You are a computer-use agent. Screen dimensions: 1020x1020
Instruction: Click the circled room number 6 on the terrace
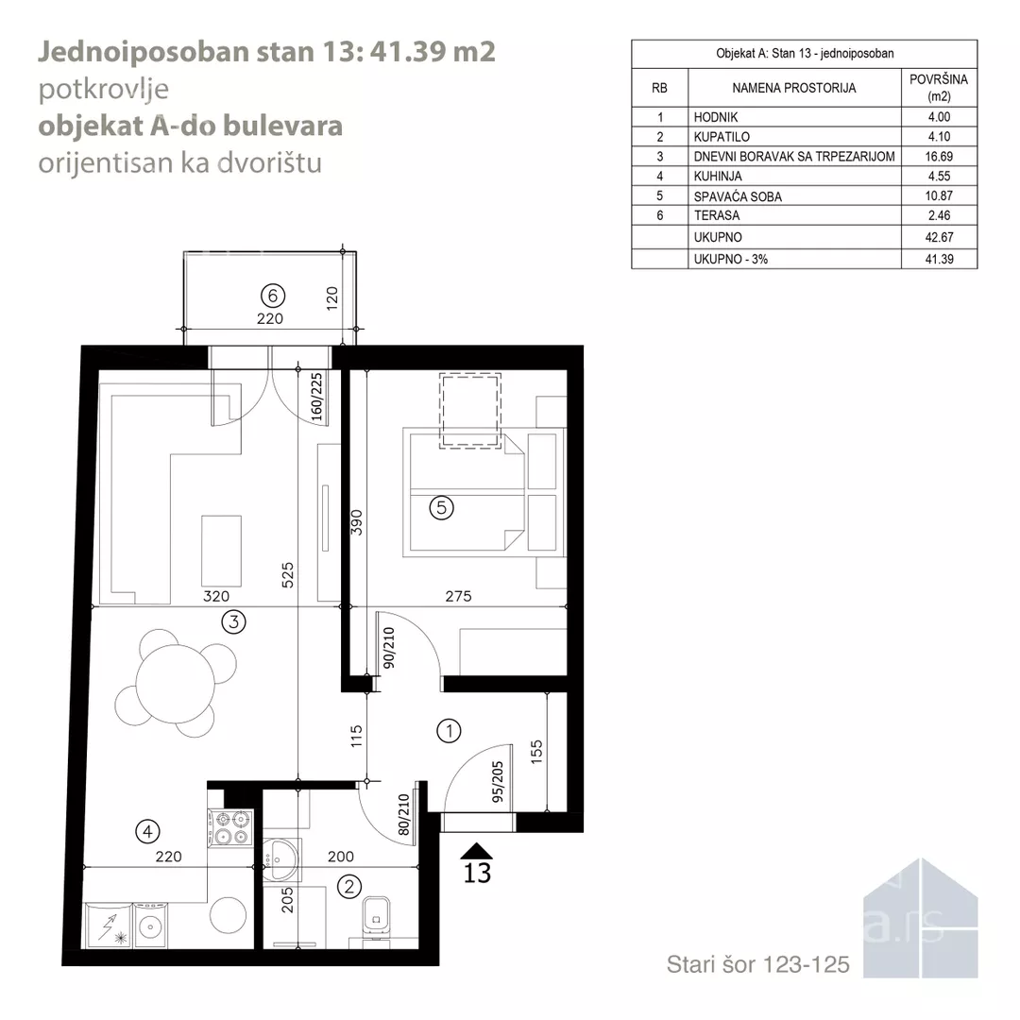273,296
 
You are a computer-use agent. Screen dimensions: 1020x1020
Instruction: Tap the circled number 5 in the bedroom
442,507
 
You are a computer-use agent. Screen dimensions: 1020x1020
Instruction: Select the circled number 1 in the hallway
449,730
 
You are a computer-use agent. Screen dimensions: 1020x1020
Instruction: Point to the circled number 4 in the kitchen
147,831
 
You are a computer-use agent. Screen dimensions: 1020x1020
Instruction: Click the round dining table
175,684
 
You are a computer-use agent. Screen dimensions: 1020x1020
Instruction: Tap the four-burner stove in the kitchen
230,828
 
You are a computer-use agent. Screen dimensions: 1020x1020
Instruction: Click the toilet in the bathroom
375,916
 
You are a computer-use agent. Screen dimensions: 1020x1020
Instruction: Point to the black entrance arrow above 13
476,851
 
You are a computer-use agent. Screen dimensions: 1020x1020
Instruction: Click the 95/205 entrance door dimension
498,782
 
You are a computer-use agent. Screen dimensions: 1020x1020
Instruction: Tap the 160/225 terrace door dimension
316,397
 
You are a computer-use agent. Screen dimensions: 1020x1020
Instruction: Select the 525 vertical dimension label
287,576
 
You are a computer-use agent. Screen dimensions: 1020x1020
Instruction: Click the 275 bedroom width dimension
459,596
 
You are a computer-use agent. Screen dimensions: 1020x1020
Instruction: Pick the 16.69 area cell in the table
940,156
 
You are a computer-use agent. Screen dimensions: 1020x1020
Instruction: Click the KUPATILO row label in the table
722,137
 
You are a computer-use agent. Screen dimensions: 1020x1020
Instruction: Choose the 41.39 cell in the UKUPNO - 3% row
940,259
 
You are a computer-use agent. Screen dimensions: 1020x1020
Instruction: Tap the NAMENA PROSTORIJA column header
794,88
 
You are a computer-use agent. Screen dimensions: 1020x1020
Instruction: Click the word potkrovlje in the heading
104,90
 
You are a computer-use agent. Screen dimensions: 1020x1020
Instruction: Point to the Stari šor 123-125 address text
757,964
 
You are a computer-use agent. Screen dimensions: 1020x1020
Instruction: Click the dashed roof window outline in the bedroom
470,410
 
